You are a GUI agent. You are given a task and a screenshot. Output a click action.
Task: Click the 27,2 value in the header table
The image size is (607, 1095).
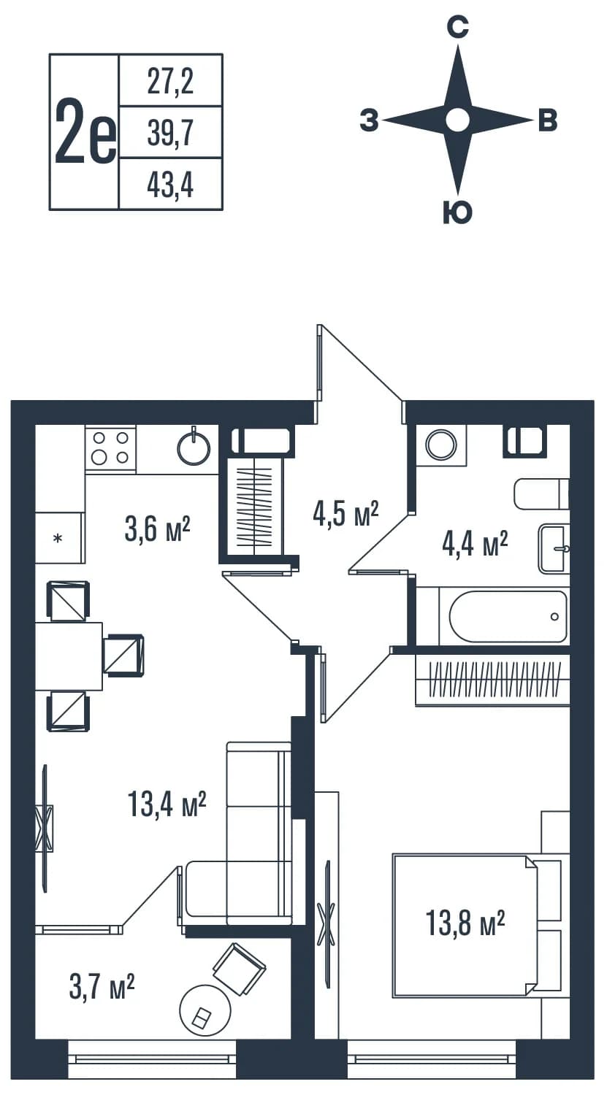(x=170, y=82)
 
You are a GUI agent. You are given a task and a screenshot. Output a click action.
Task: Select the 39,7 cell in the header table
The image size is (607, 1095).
(x=170, y=133)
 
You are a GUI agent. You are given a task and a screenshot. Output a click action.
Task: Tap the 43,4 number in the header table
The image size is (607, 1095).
(x=170, y=185)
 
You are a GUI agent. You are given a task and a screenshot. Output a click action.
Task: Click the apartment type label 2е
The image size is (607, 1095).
(x=85, y=131)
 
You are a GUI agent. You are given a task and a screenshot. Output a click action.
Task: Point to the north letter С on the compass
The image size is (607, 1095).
(x=458, y=27)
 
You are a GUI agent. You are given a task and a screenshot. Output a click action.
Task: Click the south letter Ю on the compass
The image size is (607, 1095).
(x=458, y=212)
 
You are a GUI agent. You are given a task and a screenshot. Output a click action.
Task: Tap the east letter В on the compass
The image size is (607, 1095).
(x=548, y=120)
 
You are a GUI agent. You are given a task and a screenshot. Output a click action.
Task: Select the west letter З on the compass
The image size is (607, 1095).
(x=370, y=120)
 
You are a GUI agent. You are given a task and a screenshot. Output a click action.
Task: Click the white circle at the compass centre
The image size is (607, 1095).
(x=458, y=120)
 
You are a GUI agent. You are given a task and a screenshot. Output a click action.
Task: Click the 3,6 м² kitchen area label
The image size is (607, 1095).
(x=157, y=529)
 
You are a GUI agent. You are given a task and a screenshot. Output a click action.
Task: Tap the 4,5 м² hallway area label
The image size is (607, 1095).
(x=346, y=513)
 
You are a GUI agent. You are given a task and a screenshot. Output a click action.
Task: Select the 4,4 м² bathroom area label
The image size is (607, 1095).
(x=475, y=544)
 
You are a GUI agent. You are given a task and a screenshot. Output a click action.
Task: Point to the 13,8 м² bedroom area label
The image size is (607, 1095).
(x=465, y=923)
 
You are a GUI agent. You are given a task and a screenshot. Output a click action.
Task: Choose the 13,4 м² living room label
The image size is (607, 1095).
(x=167, y=804)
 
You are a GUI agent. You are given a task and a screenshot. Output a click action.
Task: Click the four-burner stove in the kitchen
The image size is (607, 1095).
(x=110, y=448)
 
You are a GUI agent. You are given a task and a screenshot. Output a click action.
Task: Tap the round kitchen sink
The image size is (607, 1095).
(x=194, y=447)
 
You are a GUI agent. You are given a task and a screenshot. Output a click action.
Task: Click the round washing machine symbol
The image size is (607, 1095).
(x=440, y=445)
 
